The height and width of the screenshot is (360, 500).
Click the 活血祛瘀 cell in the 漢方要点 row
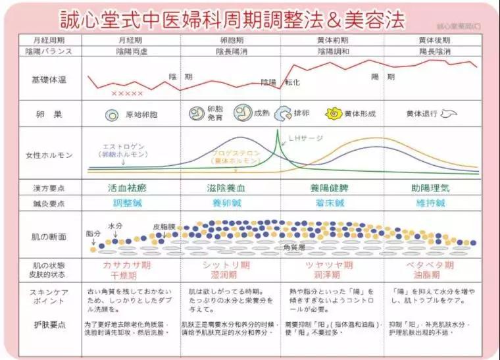132,188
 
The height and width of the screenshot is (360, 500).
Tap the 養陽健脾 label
332,188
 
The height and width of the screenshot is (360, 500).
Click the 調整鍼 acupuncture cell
132,203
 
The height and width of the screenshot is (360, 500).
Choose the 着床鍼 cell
332,203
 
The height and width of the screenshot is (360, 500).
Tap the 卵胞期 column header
230,40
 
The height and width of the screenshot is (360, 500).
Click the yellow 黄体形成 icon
334,113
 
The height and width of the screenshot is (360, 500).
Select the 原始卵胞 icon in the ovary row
111,114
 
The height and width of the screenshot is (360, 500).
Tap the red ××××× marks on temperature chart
126,93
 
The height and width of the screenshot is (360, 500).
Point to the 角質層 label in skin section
293,247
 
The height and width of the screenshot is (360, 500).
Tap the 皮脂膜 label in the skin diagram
164,225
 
